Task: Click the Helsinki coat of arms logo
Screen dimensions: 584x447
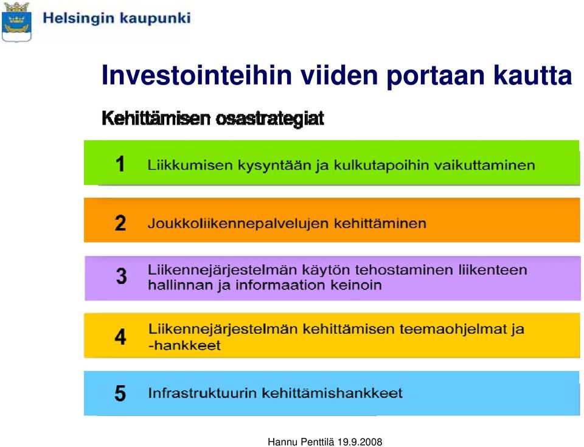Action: (16, 22)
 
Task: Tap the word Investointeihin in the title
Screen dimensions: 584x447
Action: (196, 75)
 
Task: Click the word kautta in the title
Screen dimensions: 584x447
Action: (533, 75)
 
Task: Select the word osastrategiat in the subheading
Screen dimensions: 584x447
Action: (270, 119)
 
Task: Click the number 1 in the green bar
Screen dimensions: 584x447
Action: (120, 164)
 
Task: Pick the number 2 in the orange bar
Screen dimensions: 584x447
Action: (120, 223)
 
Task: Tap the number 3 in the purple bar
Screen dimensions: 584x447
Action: (121, 276)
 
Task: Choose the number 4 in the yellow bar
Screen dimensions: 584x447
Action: (120, 337)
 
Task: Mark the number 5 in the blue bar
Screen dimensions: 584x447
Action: (120, 393)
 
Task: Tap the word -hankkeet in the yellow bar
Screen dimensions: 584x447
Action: (184, 345)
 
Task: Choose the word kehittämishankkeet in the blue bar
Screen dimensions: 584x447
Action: (332, 393)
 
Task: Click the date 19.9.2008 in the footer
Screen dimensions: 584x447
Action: (360, 442)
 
